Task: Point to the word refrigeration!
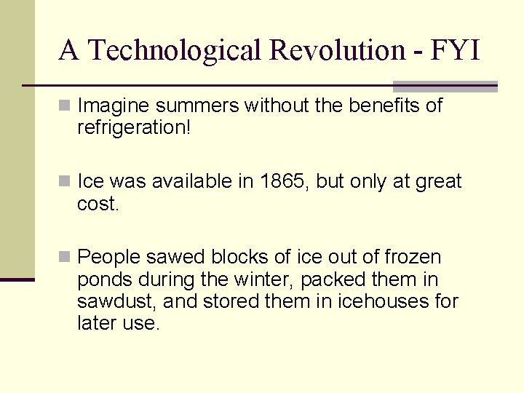click(x=134, y=128)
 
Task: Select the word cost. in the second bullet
click(x=98, y=204)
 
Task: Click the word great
click(x=438, y=181)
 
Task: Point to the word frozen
click(x=413, y=257)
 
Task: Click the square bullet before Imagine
click(x=65, y=106)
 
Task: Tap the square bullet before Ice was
click(x=65, y=181)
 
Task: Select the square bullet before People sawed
click(x=65, y=257)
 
